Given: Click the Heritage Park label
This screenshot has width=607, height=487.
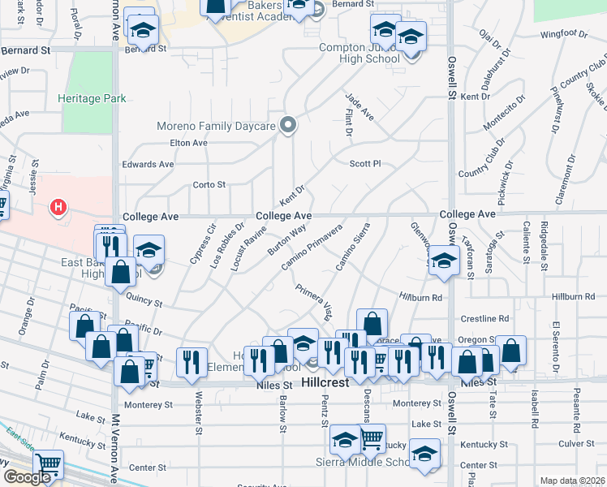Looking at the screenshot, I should point(92,98).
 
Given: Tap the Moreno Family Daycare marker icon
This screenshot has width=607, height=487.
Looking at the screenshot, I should point(286,125).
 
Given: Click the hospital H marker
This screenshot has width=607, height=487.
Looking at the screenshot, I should point(58,208).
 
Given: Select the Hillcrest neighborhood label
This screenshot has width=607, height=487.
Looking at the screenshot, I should point(325,382).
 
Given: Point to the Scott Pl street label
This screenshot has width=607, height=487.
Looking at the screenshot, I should point(364,164).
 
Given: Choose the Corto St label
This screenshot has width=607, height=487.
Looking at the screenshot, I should point(209,185).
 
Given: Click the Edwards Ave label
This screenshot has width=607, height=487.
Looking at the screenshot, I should point(148,164).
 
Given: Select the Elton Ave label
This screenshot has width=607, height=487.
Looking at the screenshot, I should point(188,143).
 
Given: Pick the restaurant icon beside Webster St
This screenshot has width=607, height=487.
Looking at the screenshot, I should point(192,360).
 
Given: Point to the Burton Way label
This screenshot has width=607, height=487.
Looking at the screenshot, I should point(287,239).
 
